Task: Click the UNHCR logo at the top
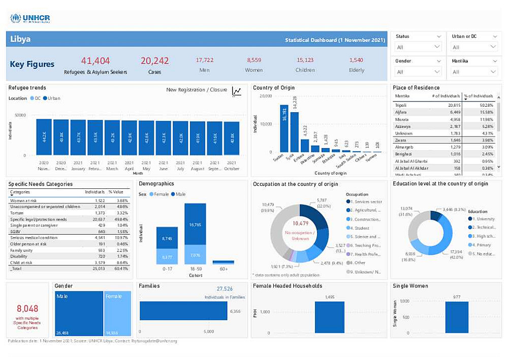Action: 30,19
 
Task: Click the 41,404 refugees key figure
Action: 96,61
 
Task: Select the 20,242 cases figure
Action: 154,61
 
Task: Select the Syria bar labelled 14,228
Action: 294,132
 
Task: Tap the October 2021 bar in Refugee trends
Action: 232,138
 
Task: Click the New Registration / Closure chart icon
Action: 237,91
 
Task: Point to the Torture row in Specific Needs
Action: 18,213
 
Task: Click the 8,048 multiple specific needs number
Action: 27,309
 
